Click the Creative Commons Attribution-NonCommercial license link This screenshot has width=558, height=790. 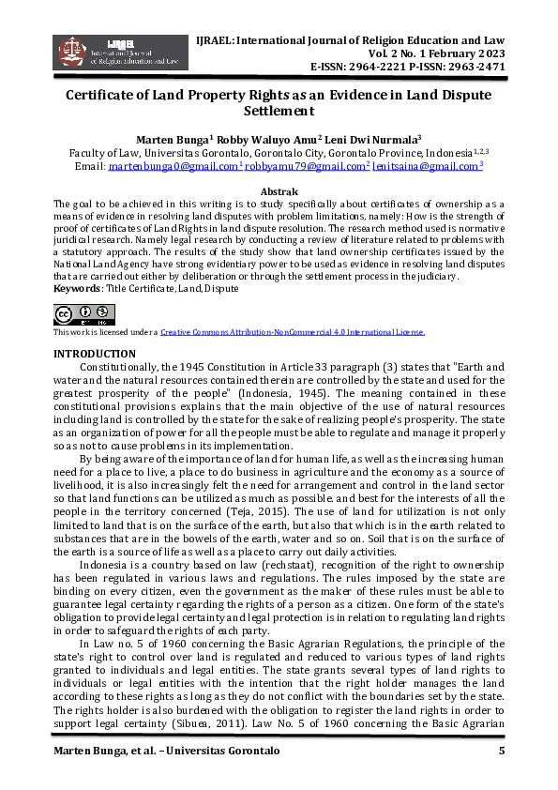pyautogui.click(x=292, y=332)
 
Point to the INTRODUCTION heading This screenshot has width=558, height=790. pyautogui.click(x=95, y=353)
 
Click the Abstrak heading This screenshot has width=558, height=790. pyautogui.click(x=279, y=190)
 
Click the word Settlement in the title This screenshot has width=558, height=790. pyautogui.click(x=279, y=111)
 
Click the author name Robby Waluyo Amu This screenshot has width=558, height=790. pyautogui.click(x=272, y=137)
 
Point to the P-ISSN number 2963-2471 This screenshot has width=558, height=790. pyautogui.click(x=475, y=68)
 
